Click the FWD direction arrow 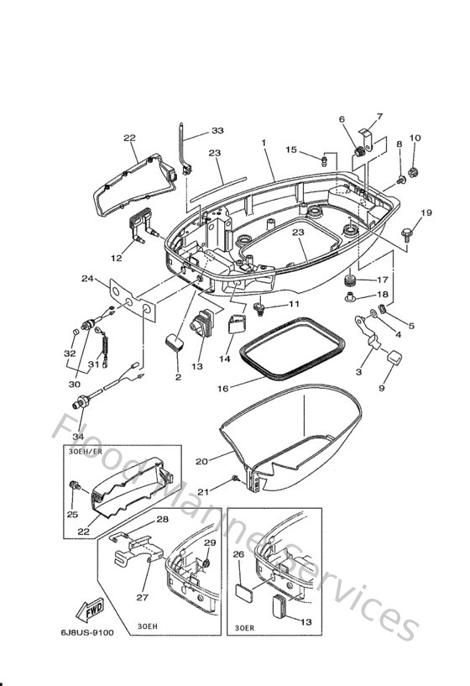click(90, 610)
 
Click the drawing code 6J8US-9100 click(87, 632)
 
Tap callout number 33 click(217, 130)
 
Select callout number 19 click(426, 212)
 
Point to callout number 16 click(223, 388)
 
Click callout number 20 click(201, 461)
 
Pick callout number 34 click(78, 436)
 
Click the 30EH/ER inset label click(86, 451)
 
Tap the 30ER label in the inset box click(244, 628)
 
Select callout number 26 click(238, 554)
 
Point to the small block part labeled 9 click(394, 357)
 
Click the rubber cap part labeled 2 click(175, 342)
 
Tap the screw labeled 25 click(74, 485)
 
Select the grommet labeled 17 click(350, 280)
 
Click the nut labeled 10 click(412, 172)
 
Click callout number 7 click(379, 117)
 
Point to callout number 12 click(117, 258)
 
